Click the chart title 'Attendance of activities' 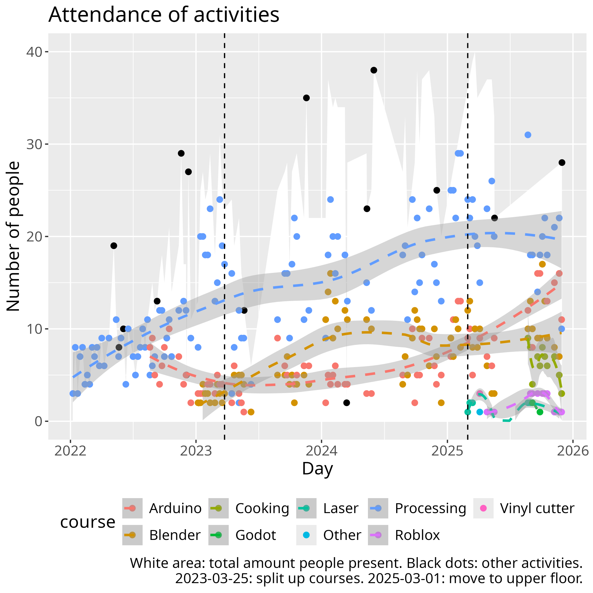pos(163,14)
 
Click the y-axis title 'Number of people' pos(13,236)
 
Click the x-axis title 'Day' pos(317,469)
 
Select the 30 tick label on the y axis pos(34,144)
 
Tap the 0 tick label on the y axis pos(38,421)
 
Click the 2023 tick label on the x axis pos(196,451)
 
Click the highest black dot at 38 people pos(374,70)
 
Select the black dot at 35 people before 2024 pos(306,98)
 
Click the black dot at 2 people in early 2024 pos(346,403)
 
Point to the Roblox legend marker pos(378,535)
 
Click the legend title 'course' pos(88,522)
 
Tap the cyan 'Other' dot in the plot pos(480,412)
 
